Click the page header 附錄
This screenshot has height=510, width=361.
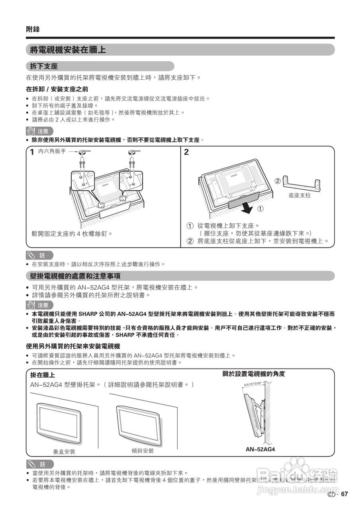click(33, 29)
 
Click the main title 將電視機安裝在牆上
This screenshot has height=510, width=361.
click(68, 50)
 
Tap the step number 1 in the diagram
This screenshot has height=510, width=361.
click(31, 152)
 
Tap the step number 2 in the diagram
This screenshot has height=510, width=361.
click(186, 152)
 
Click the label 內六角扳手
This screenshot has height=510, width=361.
click(52, 151)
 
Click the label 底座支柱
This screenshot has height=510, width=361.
click(299, 196)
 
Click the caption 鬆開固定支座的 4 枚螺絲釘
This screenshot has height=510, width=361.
click(72, 233)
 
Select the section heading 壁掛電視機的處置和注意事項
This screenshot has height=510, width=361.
click(75, 276)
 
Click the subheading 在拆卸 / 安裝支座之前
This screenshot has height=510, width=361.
click(57, 89)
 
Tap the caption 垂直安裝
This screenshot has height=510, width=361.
click(64, 451)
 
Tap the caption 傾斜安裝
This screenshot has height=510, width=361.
click(142, 451)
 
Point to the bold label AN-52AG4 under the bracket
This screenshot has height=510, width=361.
click(260, 449)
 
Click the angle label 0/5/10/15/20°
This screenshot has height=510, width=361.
click(253, 384)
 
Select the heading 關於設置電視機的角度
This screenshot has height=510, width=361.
click(253, 374)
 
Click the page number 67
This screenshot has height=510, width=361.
click(344, 494)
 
